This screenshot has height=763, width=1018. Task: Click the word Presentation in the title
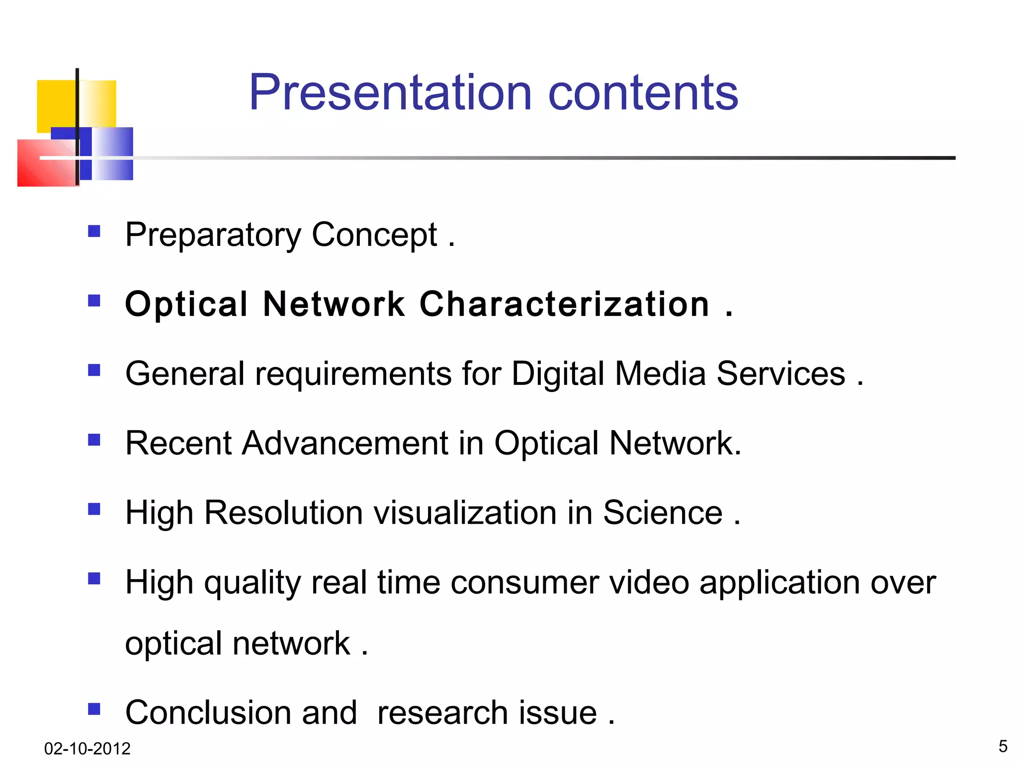(x=390, y=93)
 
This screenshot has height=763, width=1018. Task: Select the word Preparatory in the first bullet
(x=213, y=235)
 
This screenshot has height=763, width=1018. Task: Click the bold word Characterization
(x=564, y=304)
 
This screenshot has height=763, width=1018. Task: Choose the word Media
(x=660, y=374)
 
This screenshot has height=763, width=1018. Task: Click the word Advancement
(x=345, y=443)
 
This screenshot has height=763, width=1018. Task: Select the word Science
(x=663, y=513)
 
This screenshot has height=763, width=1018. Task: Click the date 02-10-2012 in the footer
(x=87, y=749)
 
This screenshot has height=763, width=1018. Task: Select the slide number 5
(x=1003, y=747)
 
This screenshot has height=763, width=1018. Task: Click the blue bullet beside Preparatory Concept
(x=94, y=231)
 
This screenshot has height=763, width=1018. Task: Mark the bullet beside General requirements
(x=94, y=370)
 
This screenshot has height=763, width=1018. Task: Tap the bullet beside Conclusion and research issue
(x=94, y=708)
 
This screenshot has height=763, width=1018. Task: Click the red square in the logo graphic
(x=45, y=164)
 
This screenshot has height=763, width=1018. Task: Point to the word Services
(x=780, y=374)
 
